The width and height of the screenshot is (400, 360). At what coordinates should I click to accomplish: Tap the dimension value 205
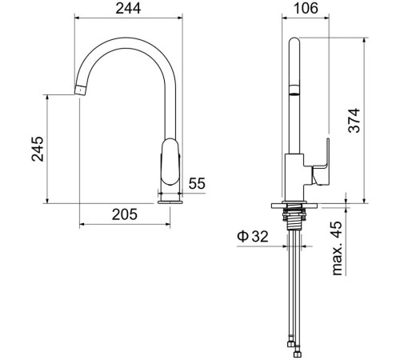click(125, 214)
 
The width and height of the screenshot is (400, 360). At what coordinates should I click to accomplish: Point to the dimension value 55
click(197, 183)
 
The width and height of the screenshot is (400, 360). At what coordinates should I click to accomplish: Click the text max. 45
click(338, 249)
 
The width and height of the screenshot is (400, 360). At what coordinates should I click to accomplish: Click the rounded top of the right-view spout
click(294, 42)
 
